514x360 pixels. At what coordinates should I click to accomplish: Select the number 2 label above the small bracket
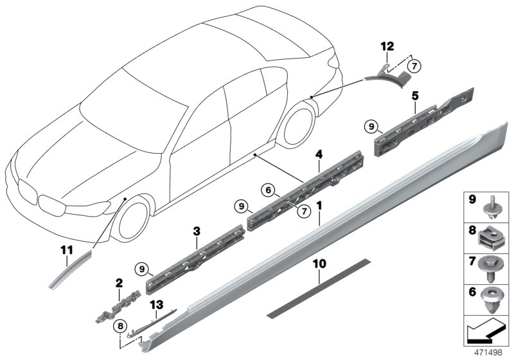coord(118,283)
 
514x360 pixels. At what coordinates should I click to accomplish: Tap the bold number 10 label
coord(319,264)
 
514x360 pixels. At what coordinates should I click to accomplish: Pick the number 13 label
coord(156,304)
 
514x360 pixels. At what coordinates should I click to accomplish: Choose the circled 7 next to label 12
coord(414,65)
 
